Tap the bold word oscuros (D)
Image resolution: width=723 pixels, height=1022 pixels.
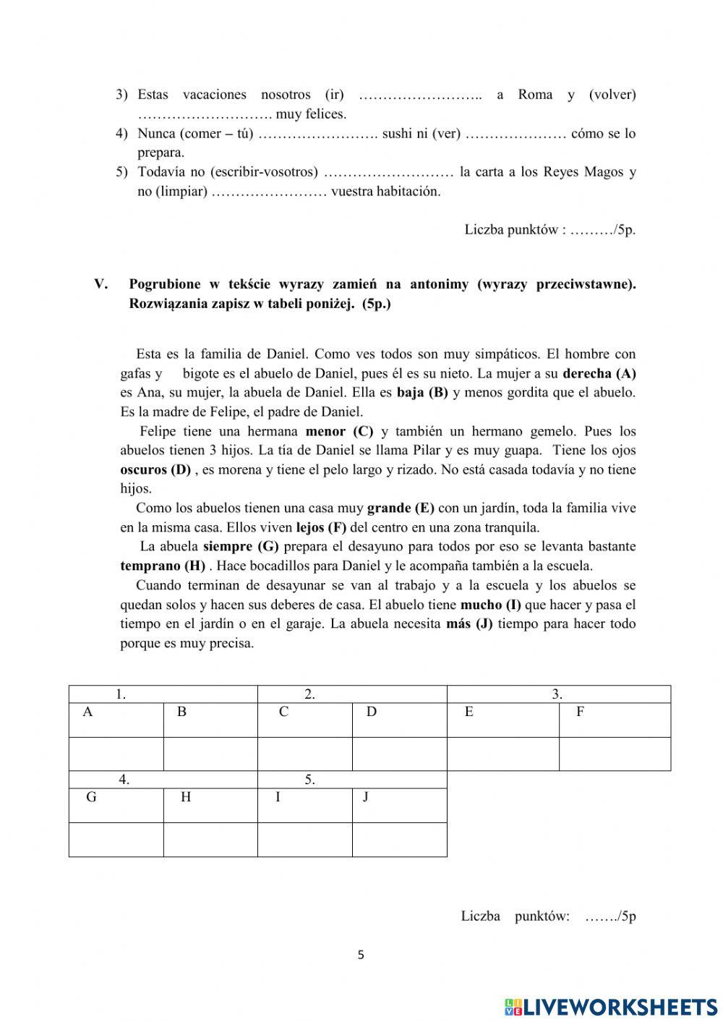click(155, 469)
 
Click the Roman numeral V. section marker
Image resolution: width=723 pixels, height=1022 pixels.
click(100, 284)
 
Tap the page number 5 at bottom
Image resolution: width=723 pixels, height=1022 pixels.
click(361, 955)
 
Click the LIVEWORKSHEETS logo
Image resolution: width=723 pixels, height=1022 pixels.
click(610, 1006)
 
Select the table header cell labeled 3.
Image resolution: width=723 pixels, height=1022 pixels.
click(558, 694)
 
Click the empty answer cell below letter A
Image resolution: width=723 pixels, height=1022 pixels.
click(116, 754)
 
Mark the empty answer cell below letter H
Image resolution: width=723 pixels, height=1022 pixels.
click(210, 839)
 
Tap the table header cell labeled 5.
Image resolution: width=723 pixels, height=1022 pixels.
click(352, 780)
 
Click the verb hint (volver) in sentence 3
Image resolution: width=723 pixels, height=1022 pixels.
click(612, 95)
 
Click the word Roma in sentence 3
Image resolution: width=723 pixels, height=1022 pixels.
click(535, 95)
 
